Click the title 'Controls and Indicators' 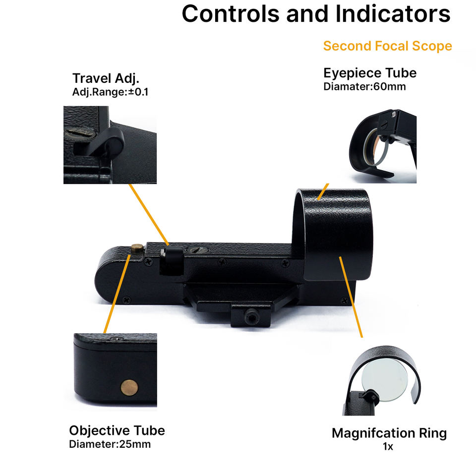coord(316,14)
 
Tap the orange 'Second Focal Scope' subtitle coord(388,46)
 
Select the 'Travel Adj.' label coord(106,78)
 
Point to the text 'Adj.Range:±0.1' coord(110,92)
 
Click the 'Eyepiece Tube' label coord(370,73)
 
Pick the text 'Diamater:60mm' coord(364,86)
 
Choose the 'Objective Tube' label coord(117,430)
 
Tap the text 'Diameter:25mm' coord(110,444)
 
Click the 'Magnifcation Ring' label coord(389,433)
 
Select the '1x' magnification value coord(388,447)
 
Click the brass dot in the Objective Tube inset coord(129,387)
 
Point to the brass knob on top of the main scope coord(137,248)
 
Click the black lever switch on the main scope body coord(172,260)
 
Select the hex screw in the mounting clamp coord(251,317)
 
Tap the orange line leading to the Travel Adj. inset coord(149,215)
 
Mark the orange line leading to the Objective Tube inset coord(117,294)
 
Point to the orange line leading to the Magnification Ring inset coord(351,297)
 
